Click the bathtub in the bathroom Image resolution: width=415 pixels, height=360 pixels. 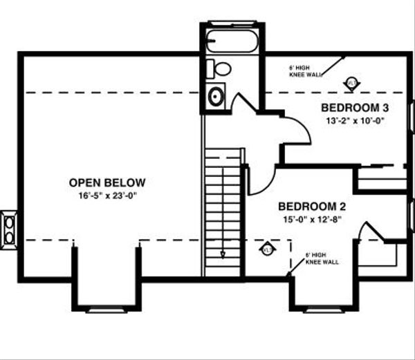pos(232,41)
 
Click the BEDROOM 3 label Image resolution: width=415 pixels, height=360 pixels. pos(355,108)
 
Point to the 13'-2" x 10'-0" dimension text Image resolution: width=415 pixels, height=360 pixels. pos(355,120)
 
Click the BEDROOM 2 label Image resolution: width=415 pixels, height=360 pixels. pos(312,207)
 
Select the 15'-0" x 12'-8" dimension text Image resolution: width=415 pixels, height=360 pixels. pos(312,219)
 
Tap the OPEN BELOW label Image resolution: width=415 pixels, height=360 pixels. pos(107,182)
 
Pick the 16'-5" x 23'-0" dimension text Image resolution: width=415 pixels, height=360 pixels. pos(107,195)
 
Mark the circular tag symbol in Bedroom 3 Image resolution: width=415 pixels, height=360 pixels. pos(351,83)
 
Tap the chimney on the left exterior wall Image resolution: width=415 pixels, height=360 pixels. pos(9,228)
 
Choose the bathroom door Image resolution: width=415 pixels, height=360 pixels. pos(242,104)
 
